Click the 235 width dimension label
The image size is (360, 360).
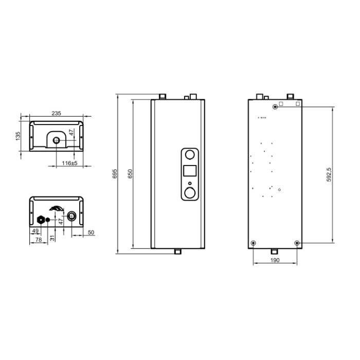tap(56, 113)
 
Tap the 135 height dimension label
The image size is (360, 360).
tap(18, 136)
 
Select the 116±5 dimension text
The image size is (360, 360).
tap(69, 163)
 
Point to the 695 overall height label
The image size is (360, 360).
tap(115, 174)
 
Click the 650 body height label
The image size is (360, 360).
tap(130, 174)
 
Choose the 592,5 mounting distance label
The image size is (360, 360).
tap(329, 175)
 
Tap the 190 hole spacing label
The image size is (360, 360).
tap(275, 260)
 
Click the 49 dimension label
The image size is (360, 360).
tap(35, 231)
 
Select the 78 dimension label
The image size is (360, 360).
tap(39, 240)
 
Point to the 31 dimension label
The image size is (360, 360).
tap(52, 238)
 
